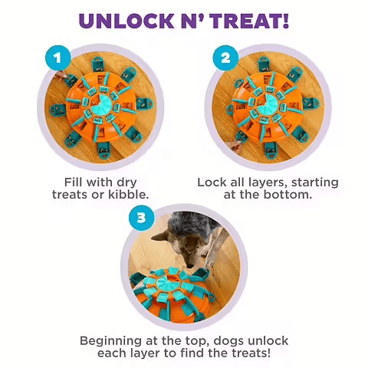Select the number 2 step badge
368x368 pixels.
pos(225,57)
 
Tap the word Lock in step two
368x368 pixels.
pos(212,182)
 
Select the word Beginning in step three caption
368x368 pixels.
pos(114,340)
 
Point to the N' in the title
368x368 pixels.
pos(187,20)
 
